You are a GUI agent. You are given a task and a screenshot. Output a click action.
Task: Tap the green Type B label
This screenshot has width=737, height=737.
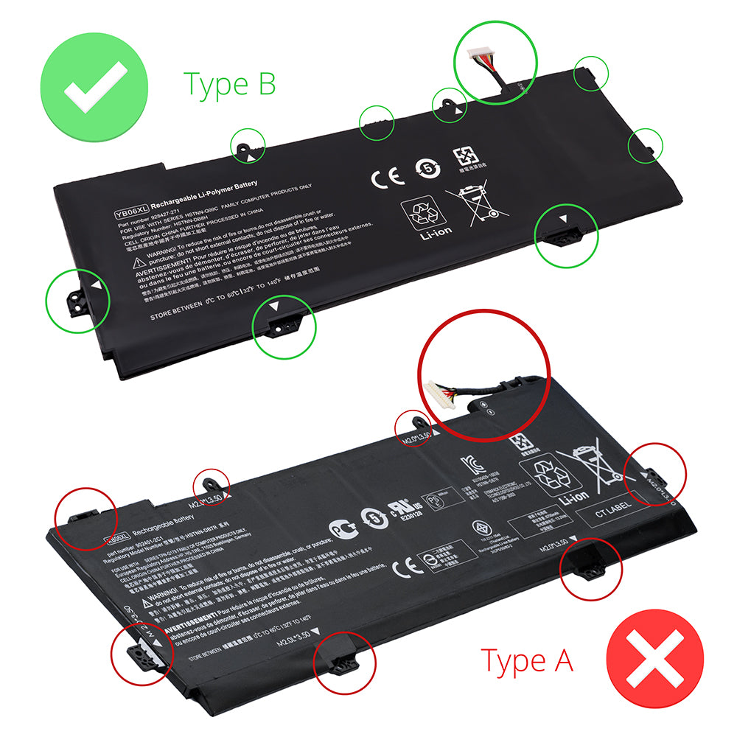click(230, 83)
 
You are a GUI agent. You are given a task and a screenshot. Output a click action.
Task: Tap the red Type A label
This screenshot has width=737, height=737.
click(526, 660)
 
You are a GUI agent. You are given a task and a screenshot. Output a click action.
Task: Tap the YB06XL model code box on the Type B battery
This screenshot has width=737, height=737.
click(131, 213)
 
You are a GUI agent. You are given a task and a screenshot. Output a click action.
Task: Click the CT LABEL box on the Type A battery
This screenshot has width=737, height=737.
click(614, 516)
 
